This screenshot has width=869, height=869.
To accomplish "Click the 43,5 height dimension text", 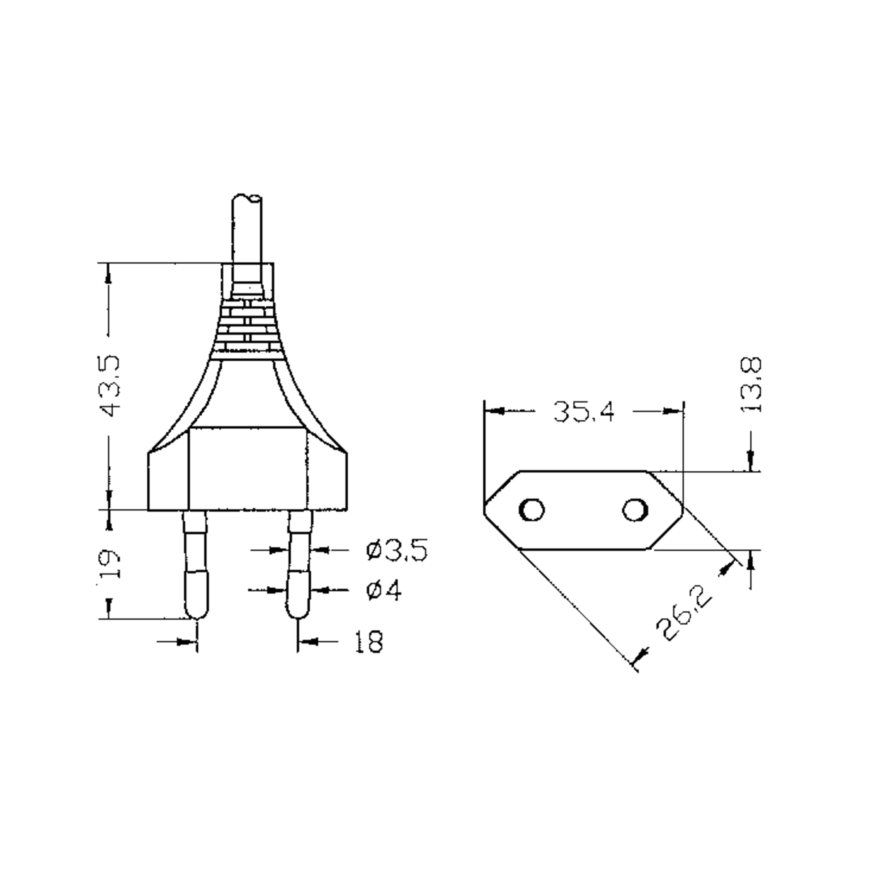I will [x=109, y=386].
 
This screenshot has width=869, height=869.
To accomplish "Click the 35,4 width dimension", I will [x=583, y=411].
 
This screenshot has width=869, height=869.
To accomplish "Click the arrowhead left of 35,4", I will [x=494, y=411].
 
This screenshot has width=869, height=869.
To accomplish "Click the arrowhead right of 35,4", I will [x=673, y=411].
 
